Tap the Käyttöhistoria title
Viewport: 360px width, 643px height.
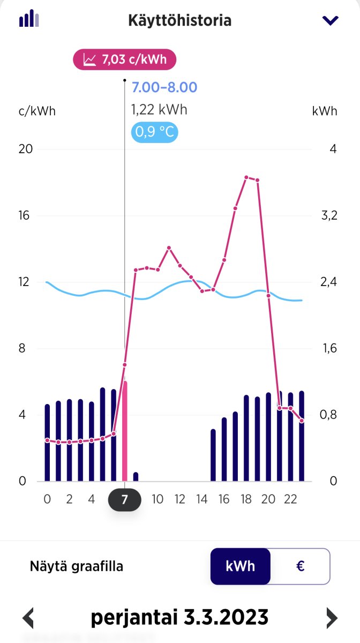[x=180, y=21]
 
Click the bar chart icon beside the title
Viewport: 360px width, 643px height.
[x=29, y=19]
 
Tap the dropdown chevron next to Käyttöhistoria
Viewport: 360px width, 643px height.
[x=330, y=21]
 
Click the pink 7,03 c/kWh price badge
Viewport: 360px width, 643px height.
[x=124, y=59]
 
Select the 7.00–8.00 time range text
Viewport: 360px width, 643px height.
[x=164, y=87]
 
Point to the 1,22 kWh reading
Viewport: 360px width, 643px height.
[x=159, y=110]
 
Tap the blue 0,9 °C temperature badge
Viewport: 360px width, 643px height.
[x=155, y=132]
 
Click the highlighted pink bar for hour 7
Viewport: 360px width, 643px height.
[x=125, y=431]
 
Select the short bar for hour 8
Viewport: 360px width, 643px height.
[x=136, y=476]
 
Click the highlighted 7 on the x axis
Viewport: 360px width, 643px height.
[x=125, y=500]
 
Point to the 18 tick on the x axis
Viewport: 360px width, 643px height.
[x=246, y=500]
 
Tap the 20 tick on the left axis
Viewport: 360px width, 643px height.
[x=26, y=149]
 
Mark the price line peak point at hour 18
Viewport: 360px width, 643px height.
[x=246, y=177]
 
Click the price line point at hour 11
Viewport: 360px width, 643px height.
[x=169, y=248]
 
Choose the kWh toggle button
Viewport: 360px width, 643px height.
[x=241, y=566]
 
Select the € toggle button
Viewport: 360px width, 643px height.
[x=300, y=566]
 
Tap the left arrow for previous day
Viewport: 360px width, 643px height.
[x=28, y=618]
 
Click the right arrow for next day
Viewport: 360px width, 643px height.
[x=332, y=618]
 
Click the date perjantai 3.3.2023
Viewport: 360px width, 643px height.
[x=179, y=617]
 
